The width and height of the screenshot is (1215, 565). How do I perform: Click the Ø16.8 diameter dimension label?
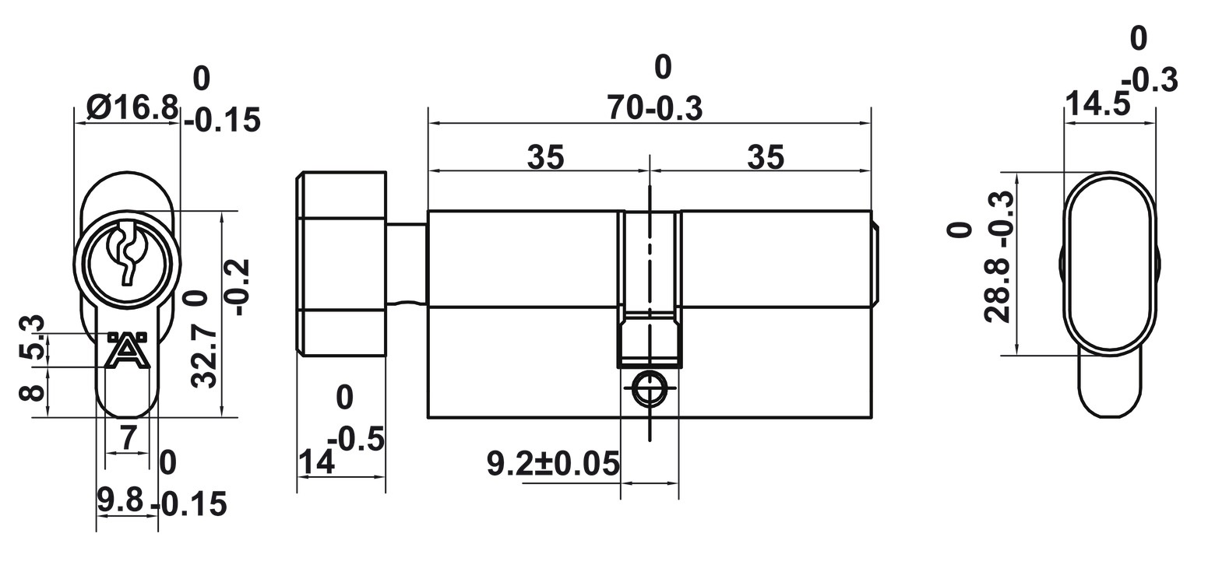click(132, 107)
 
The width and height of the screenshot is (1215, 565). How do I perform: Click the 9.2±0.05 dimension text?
click(553, 465)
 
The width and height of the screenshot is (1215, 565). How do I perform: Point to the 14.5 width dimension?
click(1097, 105)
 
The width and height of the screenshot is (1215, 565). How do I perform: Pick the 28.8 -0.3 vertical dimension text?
click(998, 257)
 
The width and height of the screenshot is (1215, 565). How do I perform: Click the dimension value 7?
click(129, 438)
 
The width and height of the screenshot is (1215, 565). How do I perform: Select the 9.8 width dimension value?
click(120, 500)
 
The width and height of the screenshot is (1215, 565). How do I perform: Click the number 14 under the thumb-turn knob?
click(316, 463)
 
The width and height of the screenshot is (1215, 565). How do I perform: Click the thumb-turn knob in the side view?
click(340, 265)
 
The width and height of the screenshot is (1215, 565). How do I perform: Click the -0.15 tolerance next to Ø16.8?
click(223, 121)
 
